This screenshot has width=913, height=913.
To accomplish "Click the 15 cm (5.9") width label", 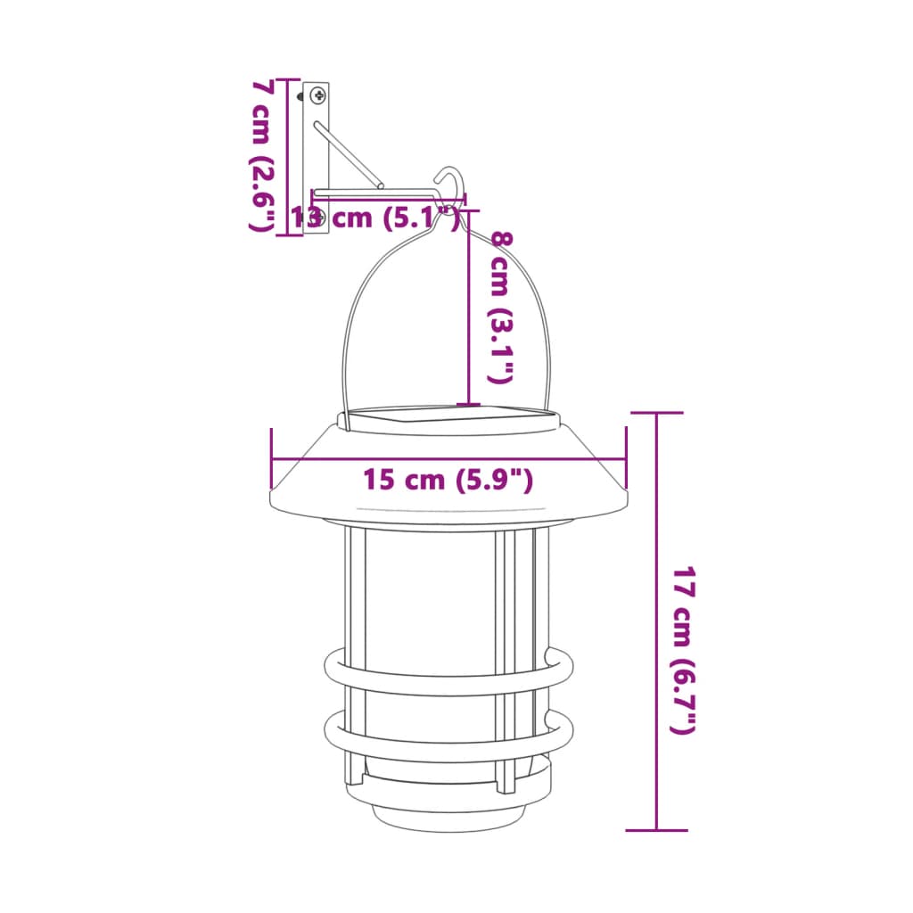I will pyautogui.click(x=448, y=480).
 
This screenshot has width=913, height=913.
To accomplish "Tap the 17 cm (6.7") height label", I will pyautogui.click(x=682, y=651).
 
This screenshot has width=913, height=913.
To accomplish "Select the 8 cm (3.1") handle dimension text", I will pyautogui.click(x=501, y=308).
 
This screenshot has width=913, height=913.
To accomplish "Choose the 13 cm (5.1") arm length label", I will pyautogui.click(x=374, y=217).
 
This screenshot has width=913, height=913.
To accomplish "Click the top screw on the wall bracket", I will pyautogui.click(x=318, y=95).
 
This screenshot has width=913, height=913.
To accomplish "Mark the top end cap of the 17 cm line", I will pyautogui.click(x=656, y=414).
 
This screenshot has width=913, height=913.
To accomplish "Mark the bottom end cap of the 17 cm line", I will pyautogui.click(x=656, y=830).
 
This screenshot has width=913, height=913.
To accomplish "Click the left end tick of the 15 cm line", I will pyautogui.click(x=271, y=460).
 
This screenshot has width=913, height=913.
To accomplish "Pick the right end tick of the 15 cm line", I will pyautogui.click(x=626, y=460).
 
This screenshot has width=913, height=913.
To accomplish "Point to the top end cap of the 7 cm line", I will pyautogui.click(x=287, y=80).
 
